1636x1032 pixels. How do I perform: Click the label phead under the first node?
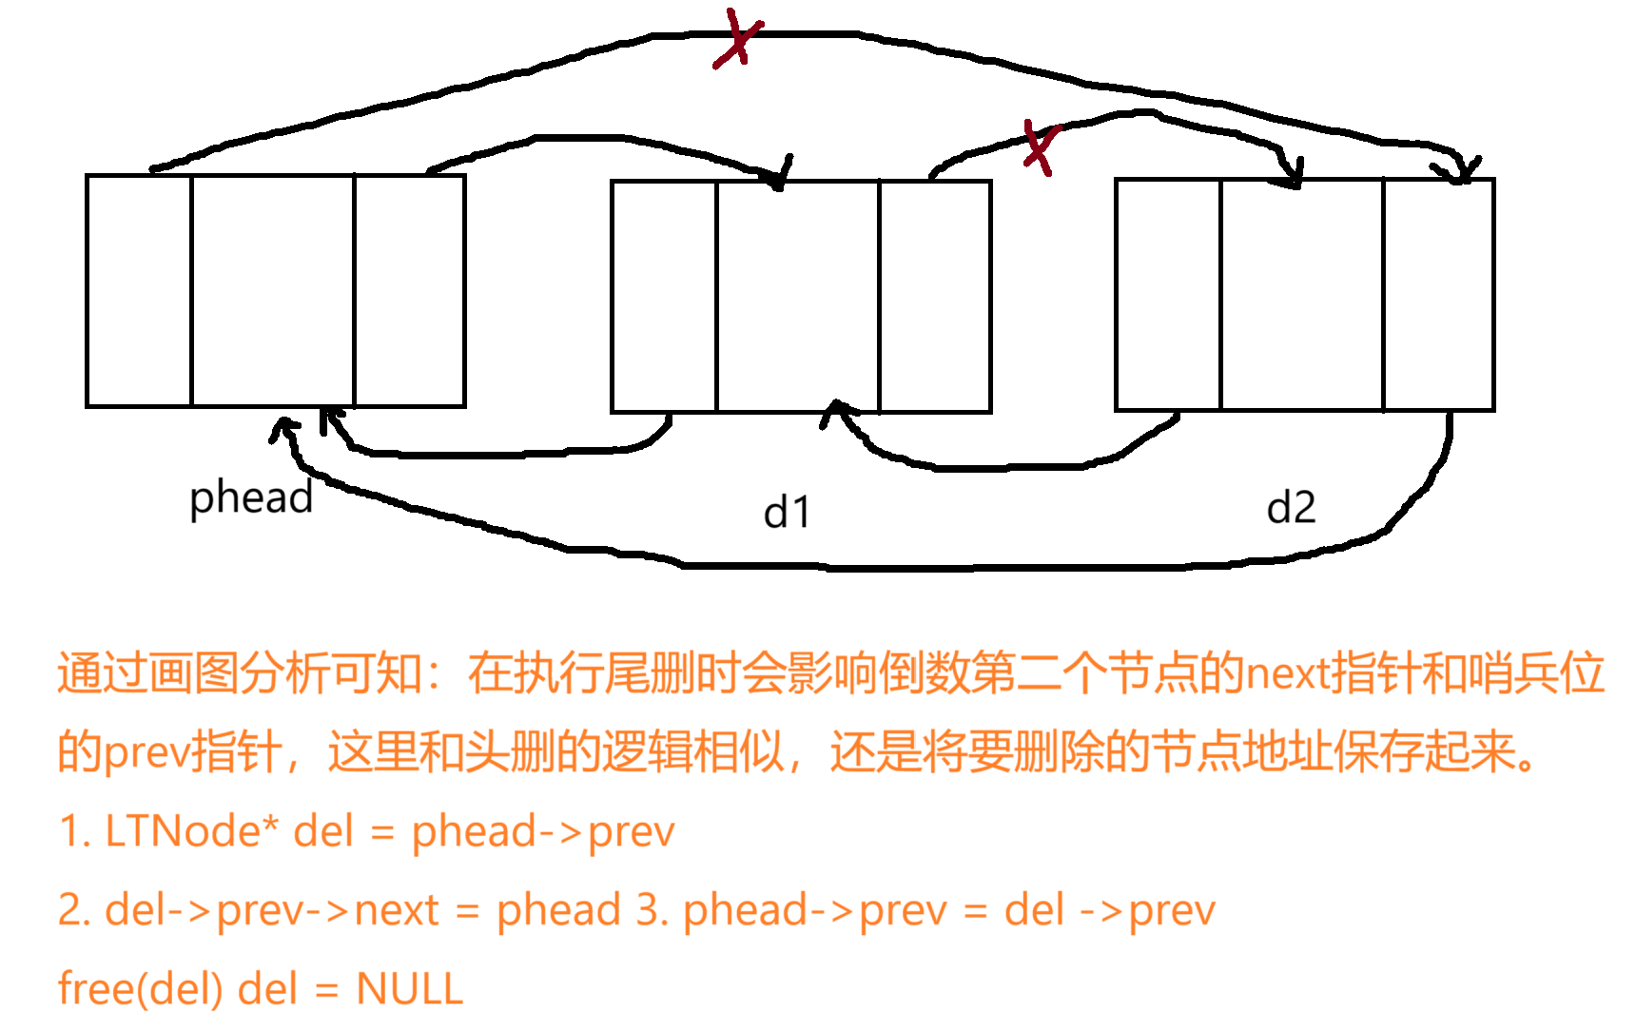point(251,497)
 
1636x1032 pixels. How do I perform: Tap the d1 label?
point(787,513)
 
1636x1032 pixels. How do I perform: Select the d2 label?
point(1291,508)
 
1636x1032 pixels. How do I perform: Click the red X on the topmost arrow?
point(738,41)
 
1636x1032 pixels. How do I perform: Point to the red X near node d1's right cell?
point(1040,147)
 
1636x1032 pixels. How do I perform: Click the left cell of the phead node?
point(139,291)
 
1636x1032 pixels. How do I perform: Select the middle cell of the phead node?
point(273,291)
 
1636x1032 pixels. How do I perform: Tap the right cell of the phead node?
point(410,291)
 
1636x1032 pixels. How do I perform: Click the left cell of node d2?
point(1168,295)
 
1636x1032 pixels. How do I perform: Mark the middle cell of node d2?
point(1302,295)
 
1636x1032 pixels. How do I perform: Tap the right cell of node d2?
point(1439,295)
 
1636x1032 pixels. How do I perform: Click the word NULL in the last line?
point(410,989)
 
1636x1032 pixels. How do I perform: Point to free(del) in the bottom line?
point(140,989)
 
